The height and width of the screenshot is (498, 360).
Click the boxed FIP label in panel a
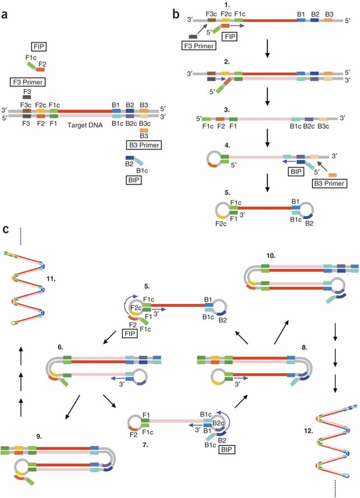coord(40,46)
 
